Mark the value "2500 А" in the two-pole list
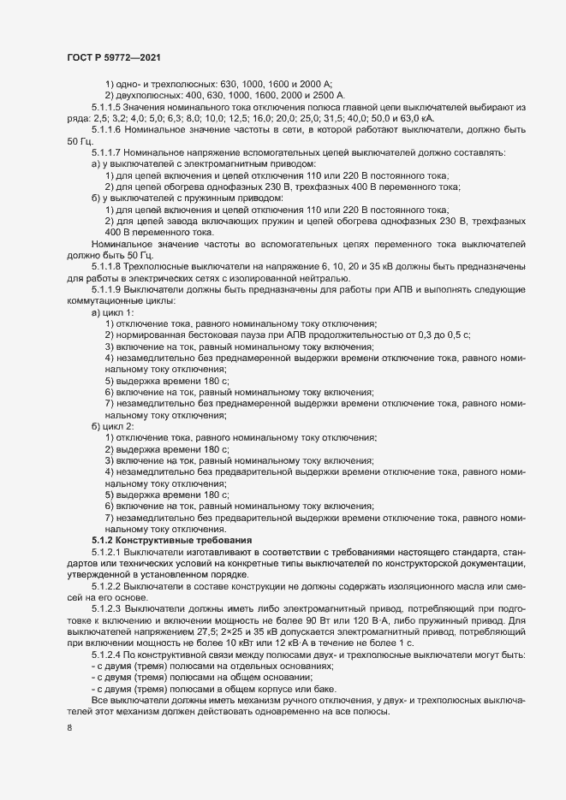point(327,93)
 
